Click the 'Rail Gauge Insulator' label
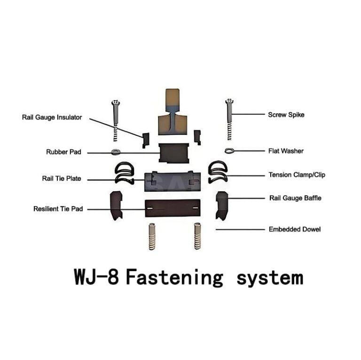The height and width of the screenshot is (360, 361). point(52,117)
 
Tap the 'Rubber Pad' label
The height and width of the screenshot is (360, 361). point(63,152)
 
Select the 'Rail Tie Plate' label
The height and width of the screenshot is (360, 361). point(62,179)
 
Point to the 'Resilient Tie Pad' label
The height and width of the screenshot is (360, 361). point(58,209)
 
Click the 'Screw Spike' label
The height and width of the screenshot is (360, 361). point(286,114)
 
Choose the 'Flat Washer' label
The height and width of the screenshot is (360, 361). point(285,151)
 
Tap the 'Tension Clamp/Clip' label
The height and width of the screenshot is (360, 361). point(296,175)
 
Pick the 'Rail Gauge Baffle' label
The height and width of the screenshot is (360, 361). point(295,198)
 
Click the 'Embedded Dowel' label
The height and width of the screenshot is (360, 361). point(295,229)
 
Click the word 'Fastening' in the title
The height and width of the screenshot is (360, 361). point(174,277)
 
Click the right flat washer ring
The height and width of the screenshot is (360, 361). point(229,151)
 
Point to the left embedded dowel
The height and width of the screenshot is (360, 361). point(152,236)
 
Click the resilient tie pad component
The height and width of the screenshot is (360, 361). point(173,207)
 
